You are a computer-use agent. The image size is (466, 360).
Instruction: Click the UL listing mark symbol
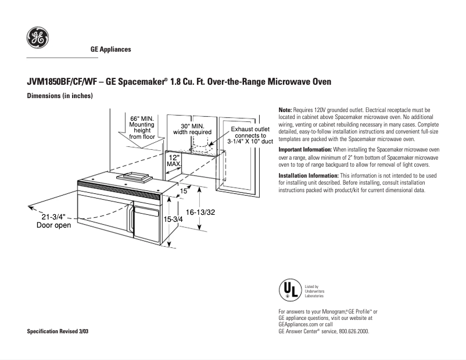[289, 290]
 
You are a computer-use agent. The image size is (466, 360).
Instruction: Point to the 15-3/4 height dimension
[173, 219]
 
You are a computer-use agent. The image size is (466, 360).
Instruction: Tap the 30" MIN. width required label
[192, 129]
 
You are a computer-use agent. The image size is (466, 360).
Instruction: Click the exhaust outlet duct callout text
[250, 136]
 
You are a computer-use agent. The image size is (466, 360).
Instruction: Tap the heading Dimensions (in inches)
[60, 96]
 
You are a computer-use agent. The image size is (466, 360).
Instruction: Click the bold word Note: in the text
[285, 110]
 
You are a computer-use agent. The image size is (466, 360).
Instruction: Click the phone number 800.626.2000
[352, 332]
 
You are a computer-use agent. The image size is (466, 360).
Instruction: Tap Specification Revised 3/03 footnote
[59, 332]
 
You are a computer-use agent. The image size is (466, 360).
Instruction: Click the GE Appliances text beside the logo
[110, 49]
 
